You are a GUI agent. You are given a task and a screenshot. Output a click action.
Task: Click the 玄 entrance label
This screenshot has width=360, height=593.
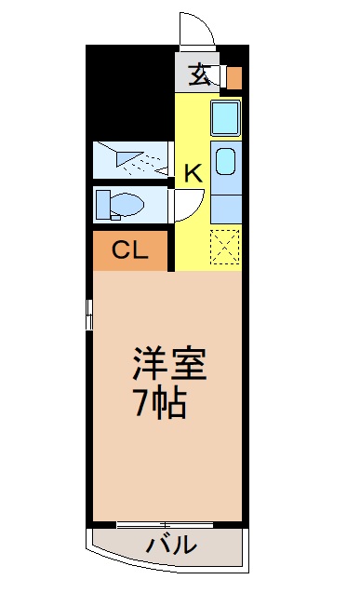click(x=199, y=75)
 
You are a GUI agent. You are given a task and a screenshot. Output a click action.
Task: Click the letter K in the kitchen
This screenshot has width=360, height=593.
click(x=193, y=172)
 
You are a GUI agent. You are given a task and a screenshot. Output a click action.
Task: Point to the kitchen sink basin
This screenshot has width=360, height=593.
click(x=225, y=162)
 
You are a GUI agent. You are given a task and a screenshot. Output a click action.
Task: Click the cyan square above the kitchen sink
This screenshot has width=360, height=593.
click(x=226, y=118)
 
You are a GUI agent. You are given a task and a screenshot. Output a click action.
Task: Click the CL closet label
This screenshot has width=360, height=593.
click(x=128, y=249)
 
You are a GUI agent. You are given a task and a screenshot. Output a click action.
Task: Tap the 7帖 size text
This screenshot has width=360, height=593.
click(x=159, y=403)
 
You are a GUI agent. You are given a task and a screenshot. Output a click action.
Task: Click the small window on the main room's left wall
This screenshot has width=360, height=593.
click(x=89, y=314)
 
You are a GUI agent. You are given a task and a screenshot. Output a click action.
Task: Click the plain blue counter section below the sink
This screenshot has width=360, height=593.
click(x=226, y=207)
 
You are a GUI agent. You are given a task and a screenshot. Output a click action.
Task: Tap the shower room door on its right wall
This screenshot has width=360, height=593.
click(x=173, y=159)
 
